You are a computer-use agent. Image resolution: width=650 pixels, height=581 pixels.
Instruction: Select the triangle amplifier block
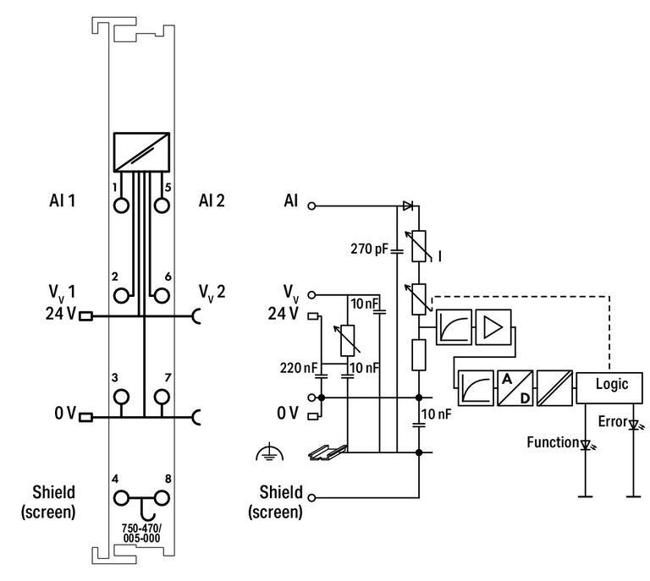click(493, 328)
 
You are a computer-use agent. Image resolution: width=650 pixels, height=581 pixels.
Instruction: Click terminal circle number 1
click(121, 205)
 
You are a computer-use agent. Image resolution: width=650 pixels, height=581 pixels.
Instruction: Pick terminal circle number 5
click(161, 205)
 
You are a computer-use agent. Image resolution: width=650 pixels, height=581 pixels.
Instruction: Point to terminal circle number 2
click(121, 295)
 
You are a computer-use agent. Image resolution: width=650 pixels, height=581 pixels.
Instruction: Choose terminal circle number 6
click(161, 295)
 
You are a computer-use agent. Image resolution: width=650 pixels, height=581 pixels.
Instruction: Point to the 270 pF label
click(368, 249)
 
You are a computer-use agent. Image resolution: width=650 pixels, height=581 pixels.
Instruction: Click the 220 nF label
click(298, 368)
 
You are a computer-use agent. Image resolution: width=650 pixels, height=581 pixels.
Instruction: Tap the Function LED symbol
click(584, 444)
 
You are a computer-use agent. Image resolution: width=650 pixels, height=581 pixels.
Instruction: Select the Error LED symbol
click(632, 424)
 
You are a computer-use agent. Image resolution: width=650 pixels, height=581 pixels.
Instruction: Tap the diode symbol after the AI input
click(407, 206)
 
